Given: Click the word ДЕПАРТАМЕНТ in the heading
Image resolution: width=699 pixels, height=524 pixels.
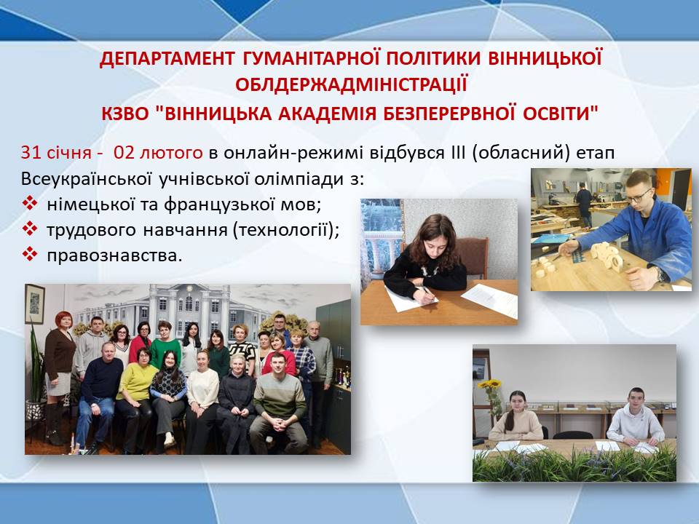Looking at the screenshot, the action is (x=167, y=59).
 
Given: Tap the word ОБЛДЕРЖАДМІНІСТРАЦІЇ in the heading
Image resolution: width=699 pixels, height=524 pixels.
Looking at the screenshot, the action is (x=351, y=84).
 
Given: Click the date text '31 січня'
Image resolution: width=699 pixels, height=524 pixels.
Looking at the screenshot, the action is (x=56, y=153).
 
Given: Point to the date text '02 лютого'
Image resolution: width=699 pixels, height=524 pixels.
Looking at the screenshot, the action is (x=158, y=153).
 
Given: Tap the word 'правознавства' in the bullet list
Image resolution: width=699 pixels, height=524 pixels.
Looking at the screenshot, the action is (x=114, y=255).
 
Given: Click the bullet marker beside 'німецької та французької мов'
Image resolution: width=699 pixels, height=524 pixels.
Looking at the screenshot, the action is (x=29, y=203).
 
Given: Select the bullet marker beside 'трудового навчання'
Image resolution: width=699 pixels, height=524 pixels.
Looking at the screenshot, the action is (x=29, y=229).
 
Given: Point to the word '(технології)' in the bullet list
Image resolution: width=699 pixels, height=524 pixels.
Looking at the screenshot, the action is (x=286, y=230).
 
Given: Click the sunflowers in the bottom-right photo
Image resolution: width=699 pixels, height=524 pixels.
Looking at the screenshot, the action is (x=489, y=384).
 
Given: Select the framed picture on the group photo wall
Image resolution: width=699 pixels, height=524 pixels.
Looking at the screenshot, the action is (x=34, y=304).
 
